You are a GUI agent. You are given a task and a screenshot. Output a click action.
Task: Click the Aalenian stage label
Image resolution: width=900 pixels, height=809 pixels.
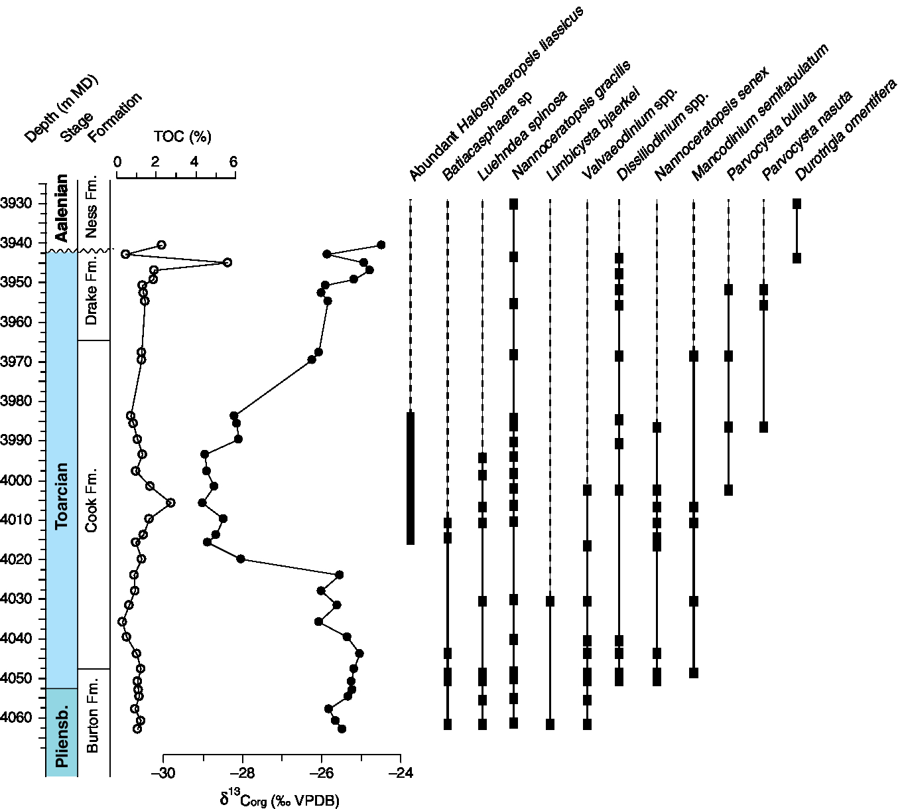[62, 208]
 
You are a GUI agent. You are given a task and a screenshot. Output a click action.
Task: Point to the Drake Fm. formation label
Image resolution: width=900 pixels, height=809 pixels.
[92, 291]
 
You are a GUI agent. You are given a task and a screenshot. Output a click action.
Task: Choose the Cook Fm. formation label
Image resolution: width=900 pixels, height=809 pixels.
[92, 500]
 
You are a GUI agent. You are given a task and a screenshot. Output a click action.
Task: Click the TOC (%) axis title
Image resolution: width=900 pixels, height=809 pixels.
[182, 137]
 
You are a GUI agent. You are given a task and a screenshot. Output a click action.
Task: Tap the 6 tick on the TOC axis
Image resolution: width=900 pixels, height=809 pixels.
[233, 163]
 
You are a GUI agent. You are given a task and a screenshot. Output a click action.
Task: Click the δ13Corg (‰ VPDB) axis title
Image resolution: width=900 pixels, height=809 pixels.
[279, 799]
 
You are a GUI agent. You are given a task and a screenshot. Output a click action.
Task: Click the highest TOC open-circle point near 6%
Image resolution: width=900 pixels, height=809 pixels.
[227, 262]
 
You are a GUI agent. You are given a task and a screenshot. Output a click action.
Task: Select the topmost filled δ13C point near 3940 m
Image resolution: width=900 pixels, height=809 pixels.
[381, 245]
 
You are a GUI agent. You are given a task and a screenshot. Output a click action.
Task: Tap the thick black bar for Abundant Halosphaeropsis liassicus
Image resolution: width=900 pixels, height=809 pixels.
[411, 478]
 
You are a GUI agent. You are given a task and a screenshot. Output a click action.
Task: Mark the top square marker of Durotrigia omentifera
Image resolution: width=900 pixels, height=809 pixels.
[797, 204]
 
